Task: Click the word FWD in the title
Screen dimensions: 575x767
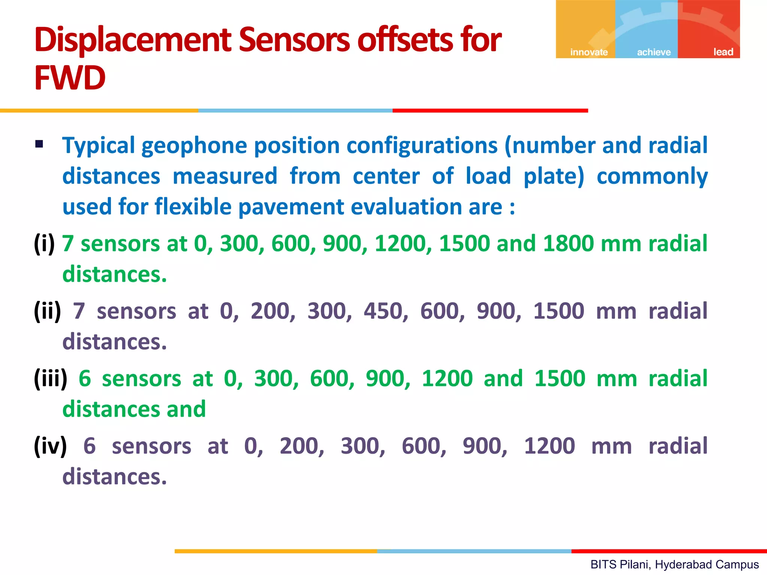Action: [x=70, y=78]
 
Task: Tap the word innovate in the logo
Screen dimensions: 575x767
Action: [x=589, y=52]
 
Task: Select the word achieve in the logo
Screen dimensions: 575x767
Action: [x=654, y=52]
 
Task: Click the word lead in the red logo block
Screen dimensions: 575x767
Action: [x=723, y=52]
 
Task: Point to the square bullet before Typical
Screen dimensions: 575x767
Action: [x=39, y=144]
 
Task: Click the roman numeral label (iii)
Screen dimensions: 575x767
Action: [x=51, y=379]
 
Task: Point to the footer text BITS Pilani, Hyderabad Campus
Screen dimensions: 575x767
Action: [x=674, y=564]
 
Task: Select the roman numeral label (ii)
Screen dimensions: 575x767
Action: [x=47, y=311]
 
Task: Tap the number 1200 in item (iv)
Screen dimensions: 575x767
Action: [x=549, y=446]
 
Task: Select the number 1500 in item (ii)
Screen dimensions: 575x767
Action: [x=558, y=311]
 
